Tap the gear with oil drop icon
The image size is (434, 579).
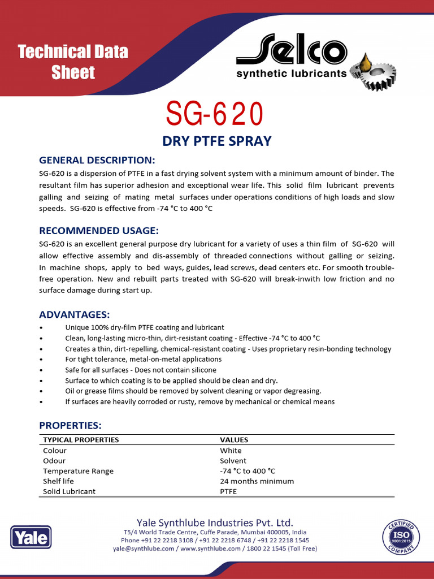point(372,70)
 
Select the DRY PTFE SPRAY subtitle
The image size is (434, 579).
point(216,141)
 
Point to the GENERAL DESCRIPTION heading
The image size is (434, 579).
point(97,160)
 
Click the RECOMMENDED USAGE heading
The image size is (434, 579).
point(99,231)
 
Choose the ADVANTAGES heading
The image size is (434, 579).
point(74,314)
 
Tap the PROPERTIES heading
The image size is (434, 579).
point(70,425)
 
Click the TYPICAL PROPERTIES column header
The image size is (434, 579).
point(81,439)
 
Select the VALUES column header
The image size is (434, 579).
point(234,439)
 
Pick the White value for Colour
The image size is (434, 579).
point(231,451)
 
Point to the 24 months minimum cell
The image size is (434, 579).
point(257,481)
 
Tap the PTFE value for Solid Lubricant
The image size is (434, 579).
point(228,491)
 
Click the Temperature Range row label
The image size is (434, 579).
point(78,471)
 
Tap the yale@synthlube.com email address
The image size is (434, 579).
point(144,548)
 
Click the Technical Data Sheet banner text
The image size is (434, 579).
point(73,62)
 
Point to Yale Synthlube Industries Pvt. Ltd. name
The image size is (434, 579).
point(215,522)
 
